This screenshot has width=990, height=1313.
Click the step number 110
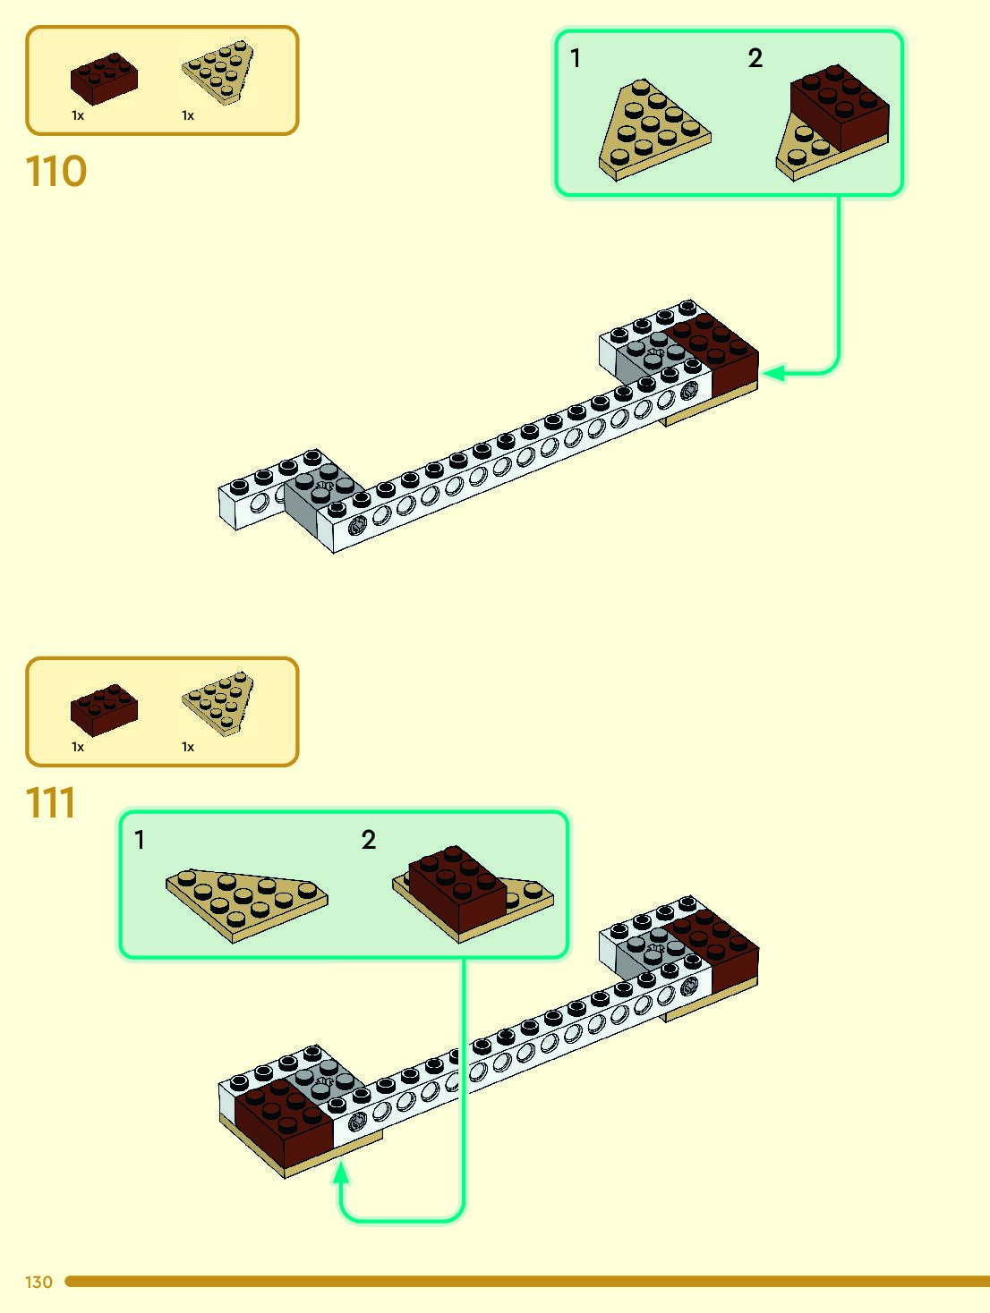coord(55,171)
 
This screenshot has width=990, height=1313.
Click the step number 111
coord(51,802)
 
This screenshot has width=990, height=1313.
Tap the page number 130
coord(38,1282)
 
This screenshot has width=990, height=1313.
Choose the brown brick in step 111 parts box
coord(104,709)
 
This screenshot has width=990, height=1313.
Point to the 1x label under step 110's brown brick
coord(78,115)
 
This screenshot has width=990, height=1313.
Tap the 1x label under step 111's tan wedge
coord(188,747)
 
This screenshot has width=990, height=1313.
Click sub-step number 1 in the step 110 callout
coord(576,59)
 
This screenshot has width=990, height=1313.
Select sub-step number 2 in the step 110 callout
coord(755,59)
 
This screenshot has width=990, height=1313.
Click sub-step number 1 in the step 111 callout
coord(140,840)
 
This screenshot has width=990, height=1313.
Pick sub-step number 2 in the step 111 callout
coord(369,840)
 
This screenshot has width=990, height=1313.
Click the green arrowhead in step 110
coord(773,372)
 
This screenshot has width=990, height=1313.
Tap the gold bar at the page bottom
coord(528,1282)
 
